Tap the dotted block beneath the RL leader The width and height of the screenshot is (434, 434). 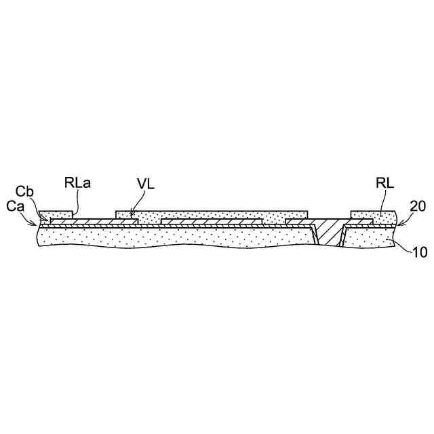372,215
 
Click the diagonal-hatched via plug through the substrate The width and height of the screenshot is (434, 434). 329,231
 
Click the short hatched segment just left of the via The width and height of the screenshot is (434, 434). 298,222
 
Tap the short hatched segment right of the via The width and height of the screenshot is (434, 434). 359,222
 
